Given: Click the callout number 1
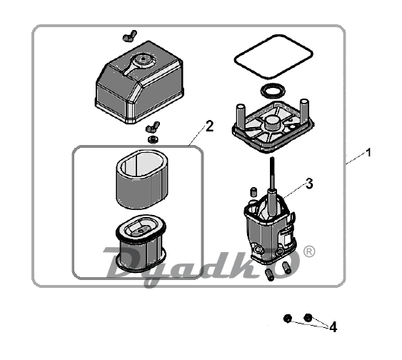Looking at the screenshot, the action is pyautogui.click(x=368, y=153).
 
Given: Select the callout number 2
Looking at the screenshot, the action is pyautogui.click(x=209, y=126).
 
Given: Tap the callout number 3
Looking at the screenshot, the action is pyautogui.click(x=309, y=184).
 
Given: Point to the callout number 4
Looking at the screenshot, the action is pyautogui.click(x=333, y=327).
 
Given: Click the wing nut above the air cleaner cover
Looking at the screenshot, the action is pyautogui.click(x=129, y=36).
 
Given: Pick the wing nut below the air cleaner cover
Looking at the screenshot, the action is pyautogui.click(x=152, y=127).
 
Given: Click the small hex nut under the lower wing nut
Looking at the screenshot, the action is pyautogui.click(x=153, y=139).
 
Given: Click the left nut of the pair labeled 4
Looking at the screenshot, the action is pyautogui.click(x=288, y=319).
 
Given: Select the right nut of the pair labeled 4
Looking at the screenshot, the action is pyautogui.click(x=308, y=318).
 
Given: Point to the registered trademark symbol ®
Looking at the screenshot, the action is pyautogui.click(x=309, y=252).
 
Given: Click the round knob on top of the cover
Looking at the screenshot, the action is pyautogui.click(x=143, y=60).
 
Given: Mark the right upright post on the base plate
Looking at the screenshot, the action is pyautogui.click(x=303, y=108).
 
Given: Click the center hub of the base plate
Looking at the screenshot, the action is pyautogui.click(x=272, y=123).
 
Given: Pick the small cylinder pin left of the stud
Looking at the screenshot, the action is pyautogui.click(x=253, y=192).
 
